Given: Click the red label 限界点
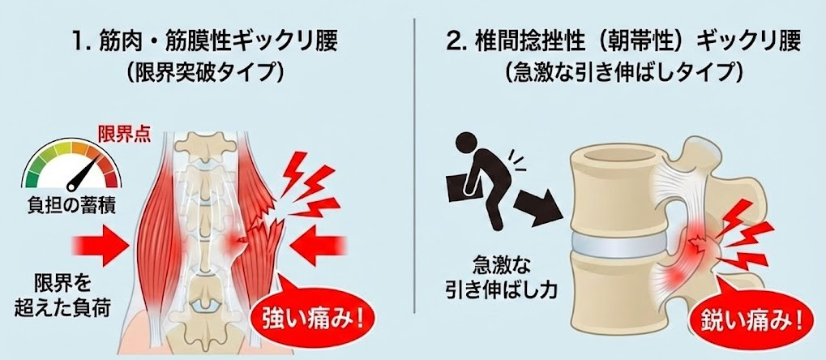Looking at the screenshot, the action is [124, 135].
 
